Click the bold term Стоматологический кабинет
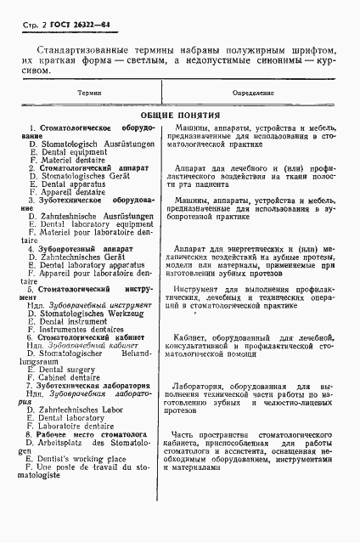pyautogui.click(x=89, y=337)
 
